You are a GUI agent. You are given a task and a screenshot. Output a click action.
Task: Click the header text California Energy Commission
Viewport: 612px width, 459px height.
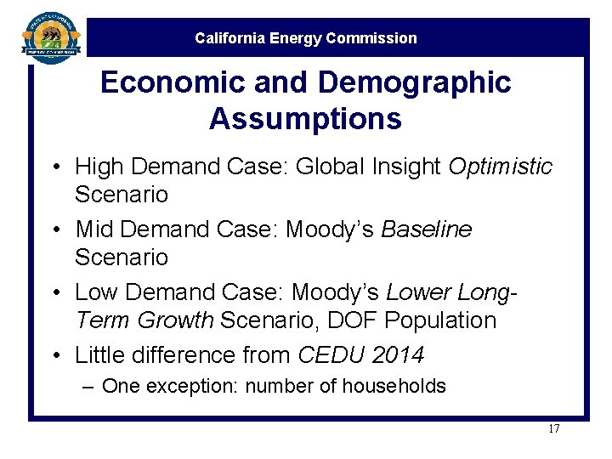click(x=306, y=38)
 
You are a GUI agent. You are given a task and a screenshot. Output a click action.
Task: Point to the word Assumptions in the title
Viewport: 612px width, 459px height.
click(x=305, y=119)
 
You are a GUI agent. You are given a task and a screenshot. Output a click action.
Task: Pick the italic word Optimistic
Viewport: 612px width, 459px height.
click(x=501, y=166)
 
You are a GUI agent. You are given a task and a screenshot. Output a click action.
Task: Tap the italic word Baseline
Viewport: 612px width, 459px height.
click(x=427, y=229)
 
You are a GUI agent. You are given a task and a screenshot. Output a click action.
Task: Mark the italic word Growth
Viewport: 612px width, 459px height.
click(x=174, y=321)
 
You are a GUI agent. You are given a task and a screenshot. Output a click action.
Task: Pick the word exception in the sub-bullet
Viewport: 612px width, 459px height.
click(x=193, y=387)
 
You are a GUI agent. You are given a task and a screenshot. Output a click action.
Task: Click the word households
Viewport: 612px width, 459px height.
click(x=394, y=387)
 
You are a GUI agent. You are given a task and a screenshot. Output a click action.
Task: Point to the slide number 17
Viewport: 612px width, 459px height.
click(x=553, y=428)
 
